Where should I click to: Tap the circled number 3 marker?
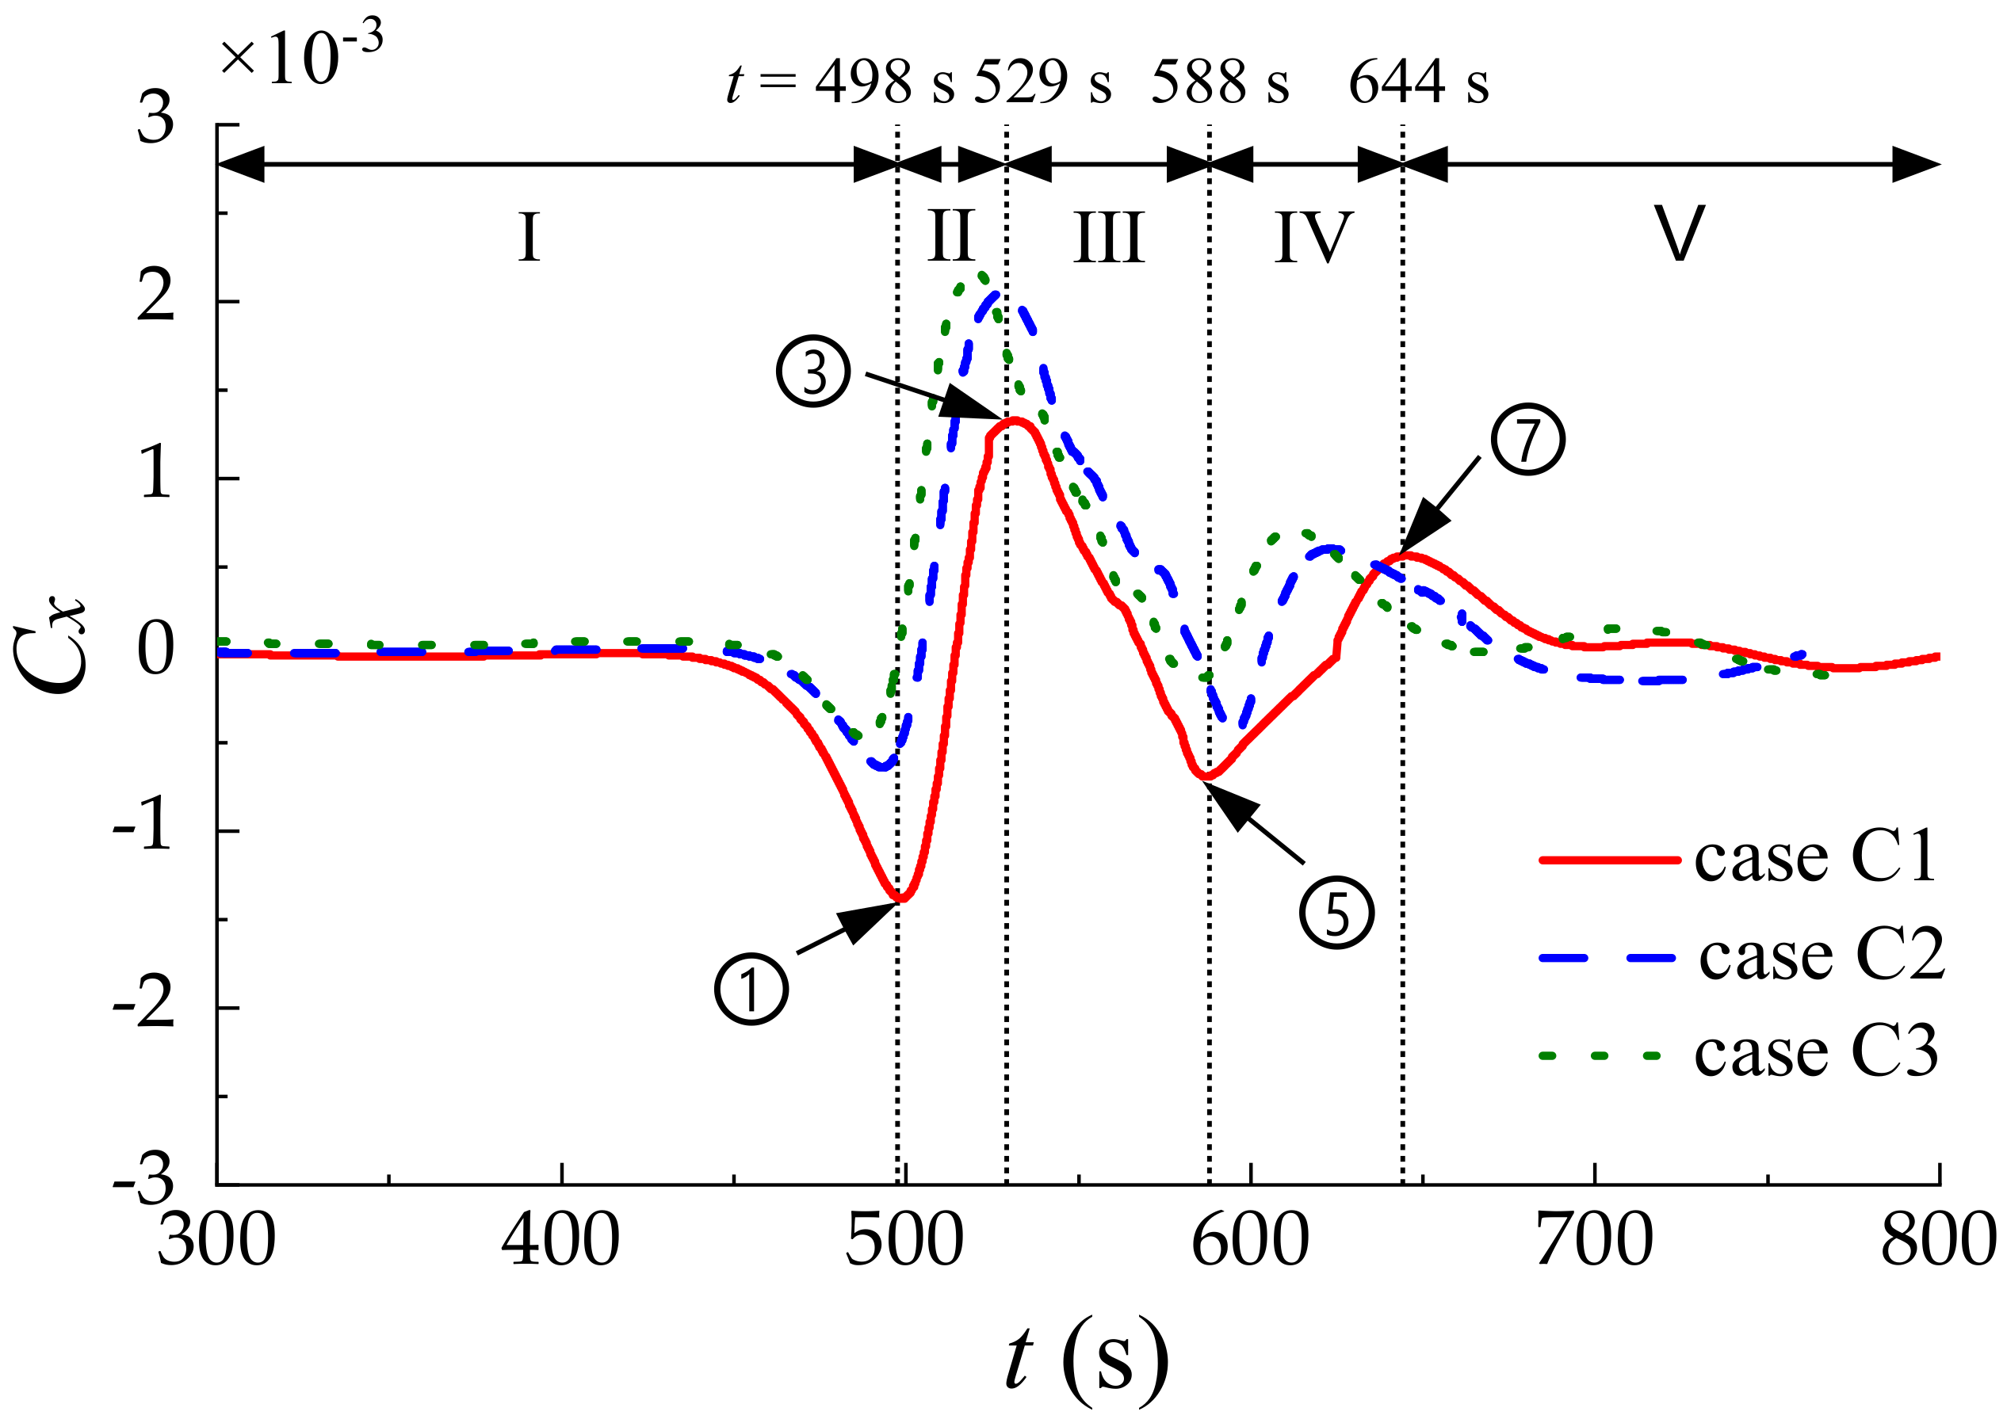813,371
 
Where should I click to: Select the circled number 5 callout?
1336,912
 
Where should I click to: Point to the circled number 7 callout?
1527,439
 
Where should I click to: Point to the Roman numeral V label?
1678,234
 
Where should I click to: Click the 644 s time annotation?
1418,83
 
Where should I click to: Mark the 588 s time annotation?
1220,83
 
